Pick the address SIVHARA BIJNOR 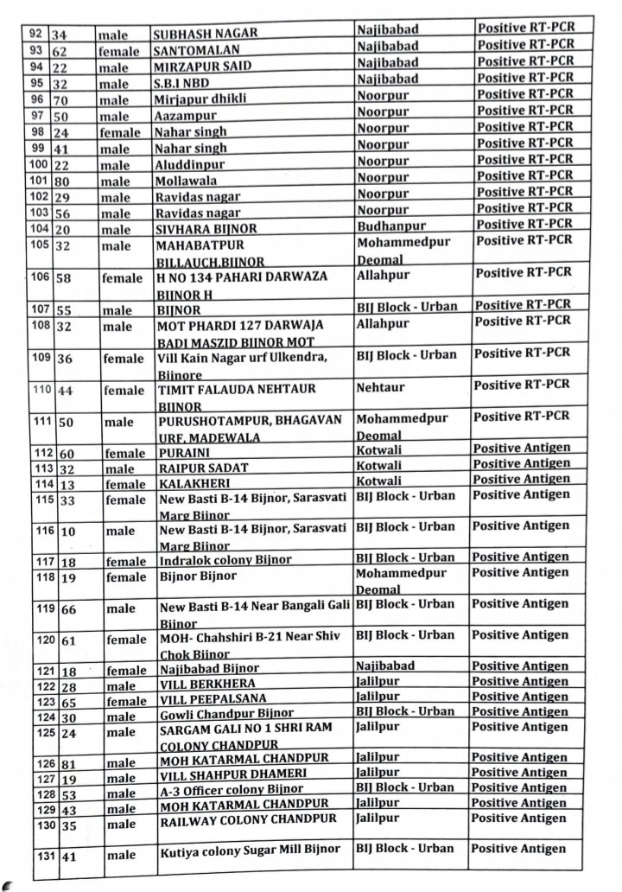(205, 230)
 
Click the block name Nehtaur (379, 388)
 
